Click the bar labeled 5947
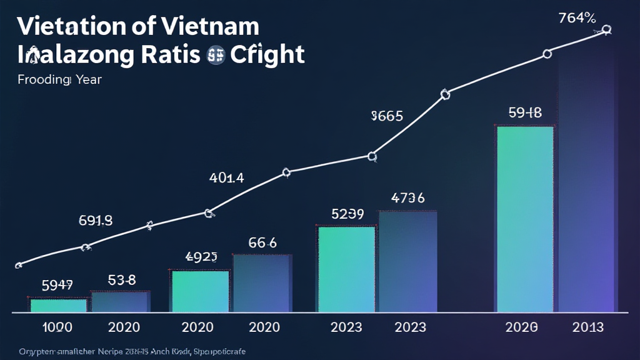[x=58, y=305]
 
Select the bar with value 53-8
[x=120, y=301]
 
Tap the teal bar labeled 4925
[x=200, y=291]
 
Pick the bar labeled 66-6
[x=261, y=282]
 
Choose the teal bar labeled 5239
[x=346, y=269]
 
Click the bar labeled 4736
[x=407, y=261]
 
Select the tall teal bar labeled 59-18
[x=524, y=219]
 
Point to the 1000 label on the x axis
[x=57, y=327]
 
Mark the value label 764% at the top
[x=577, y=18]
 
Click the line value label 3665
[x=387, y=116]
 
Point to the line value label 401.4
[x=226, y=177]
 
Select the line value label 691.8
[x=95, y=220]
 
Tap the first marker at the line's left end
[x=18, y=265]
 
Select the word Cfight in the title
[x=267, y=55]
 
